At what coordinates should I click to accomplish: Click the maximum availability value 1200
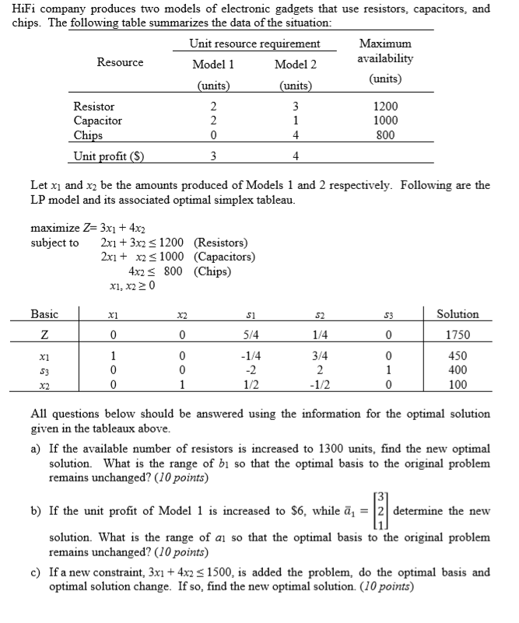(386, 106)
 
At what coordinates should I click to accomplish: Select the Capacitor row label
(97, 121)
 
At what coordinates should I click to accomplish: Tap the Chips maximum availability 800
(386, 135)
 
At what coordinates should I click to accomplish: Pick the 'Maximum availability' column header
(386, 51)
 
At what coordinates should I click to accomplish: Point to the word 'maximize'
(55, 228)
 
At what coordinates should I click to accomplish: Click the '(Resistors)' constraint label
(220, 243)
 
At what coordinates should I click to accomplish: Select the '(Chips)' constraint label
(212, 271)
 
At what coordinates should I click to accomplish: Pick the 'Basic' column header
(44, 314)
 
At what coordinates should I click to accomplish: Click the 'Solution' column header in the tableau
(458, 314)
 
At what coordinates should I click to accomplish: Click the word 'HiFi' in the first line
(24, 9)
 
